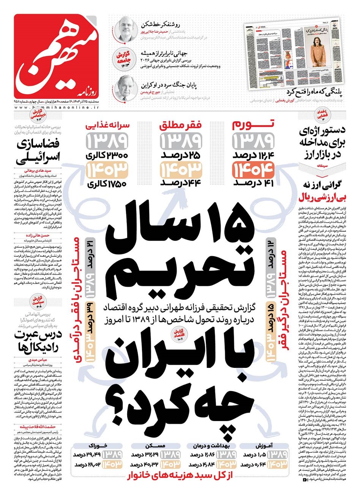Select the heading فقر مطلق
point(180,125)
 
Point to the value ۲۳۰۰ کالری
point(107,155)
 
